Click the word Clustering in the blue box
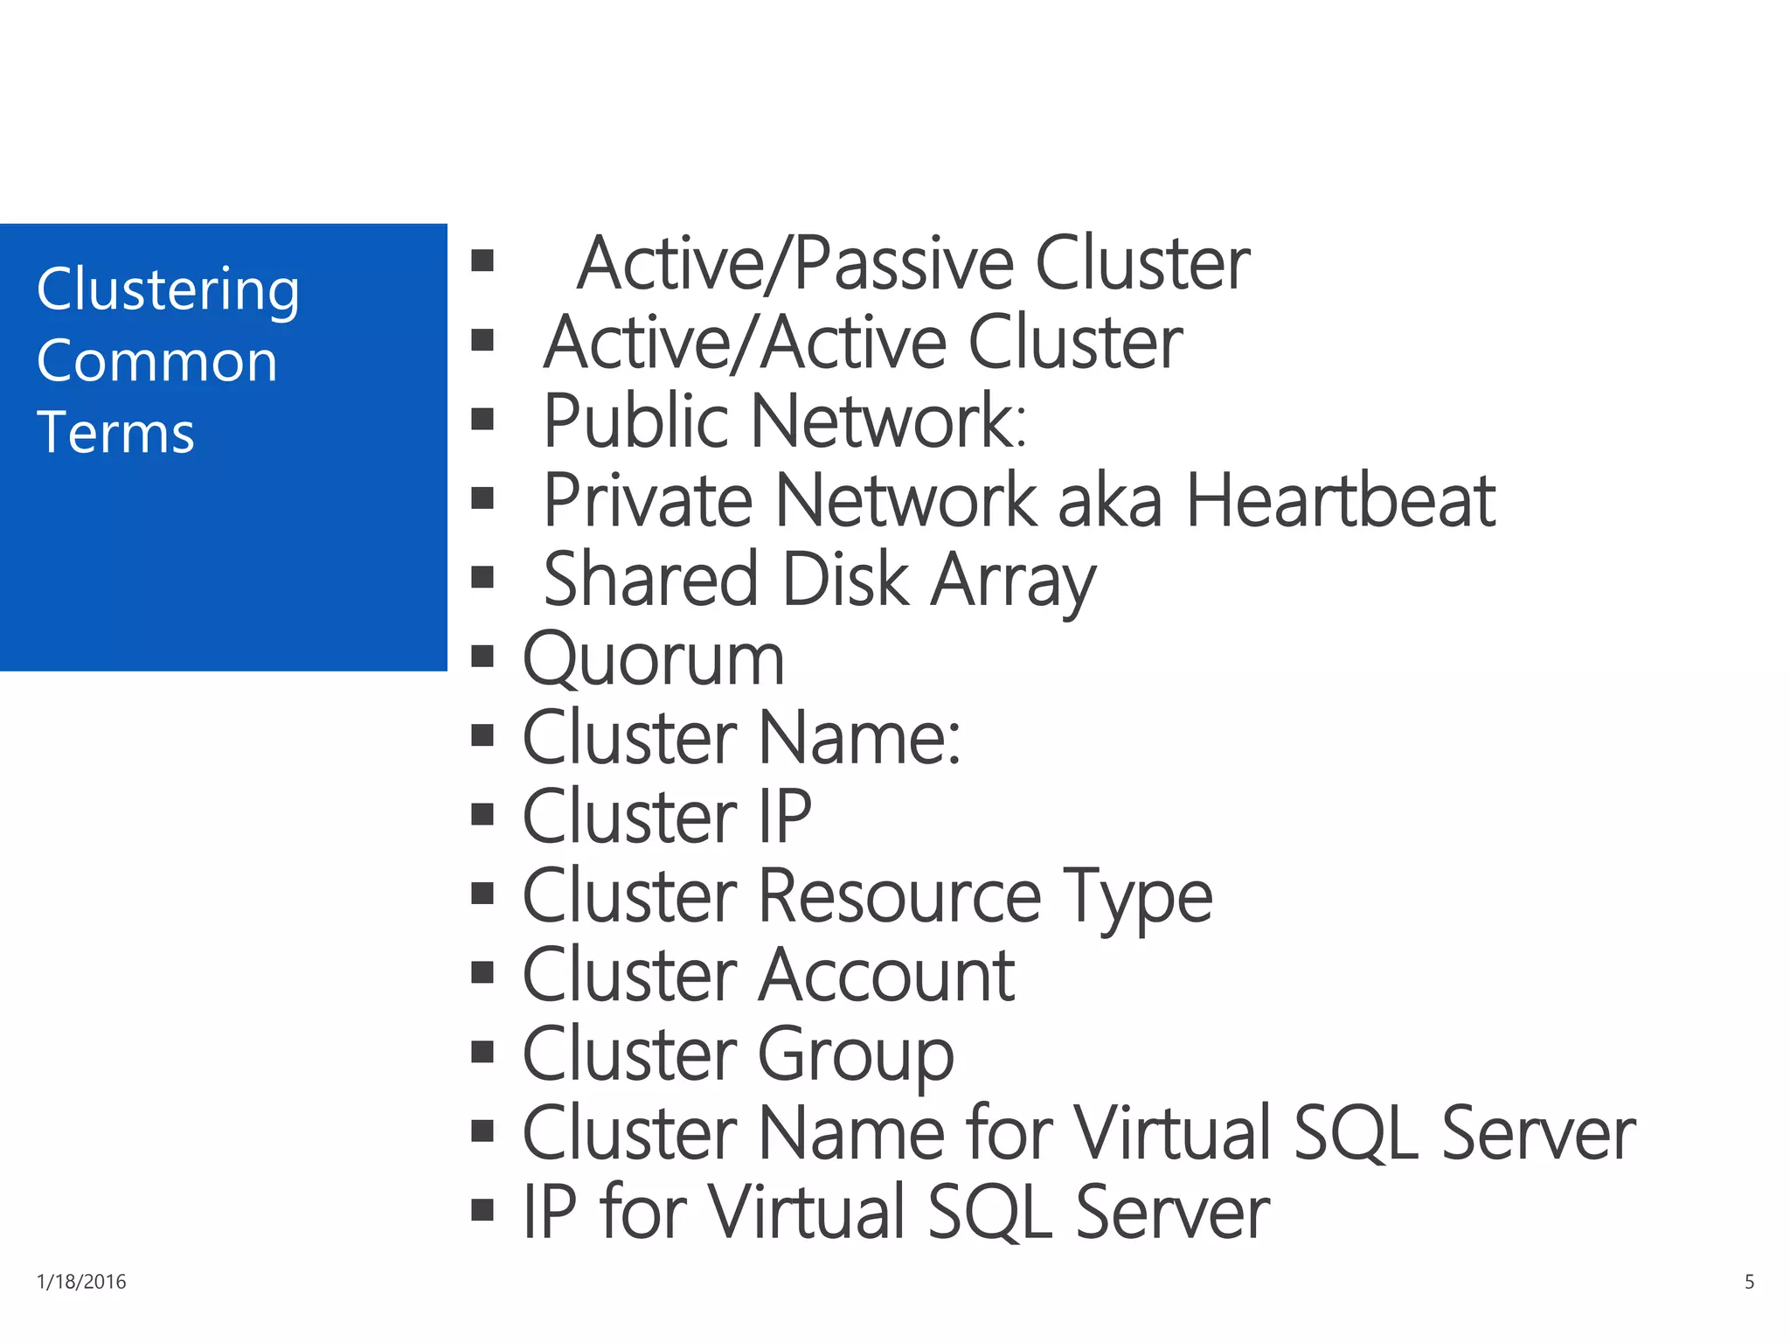(168, 290)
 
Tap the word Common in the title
(157, 361)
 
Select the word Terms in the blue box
(115, 433)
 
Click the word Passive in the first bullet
(903, 264)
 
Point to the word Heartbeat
(1340, 501)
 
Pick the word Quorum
(653, 660)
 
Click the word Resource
(899, 896)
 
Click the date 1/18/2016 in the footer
(81, 1282)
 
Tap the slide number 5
(1749, 1282)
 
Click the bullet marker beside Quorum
(482, 656)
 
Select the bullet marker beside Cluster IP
(482, 814)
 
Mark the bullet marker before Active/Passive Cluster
(482, 260)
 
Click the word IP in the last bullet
(550, 1212)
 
